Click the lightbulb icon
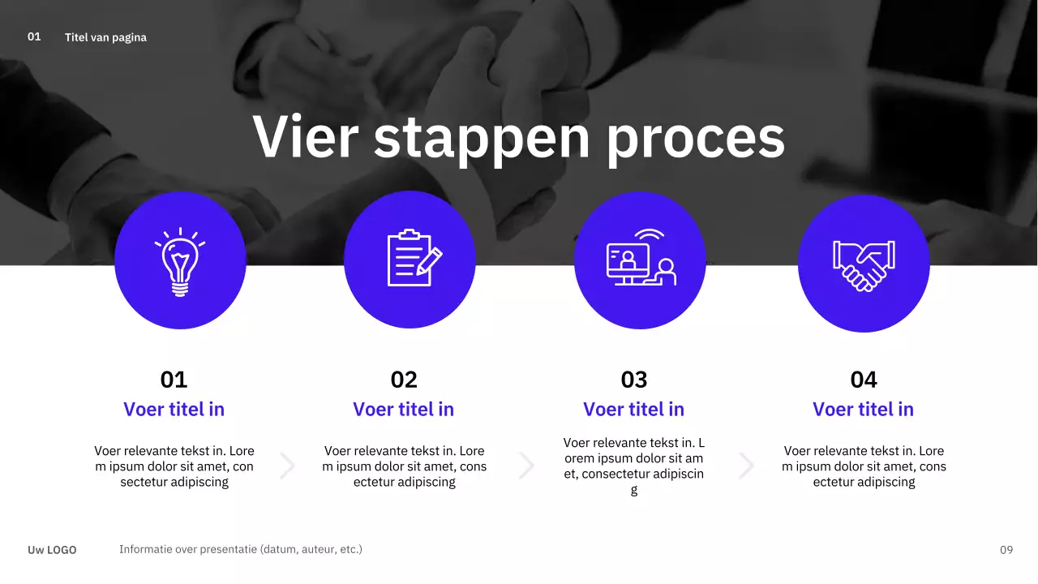(x=180, y=261)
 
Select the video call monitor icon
(x=641, y=258)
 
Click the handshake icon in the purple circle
(x=864, y=264)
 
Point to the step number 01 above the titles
(x=174, y=380)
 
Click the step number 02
(x=404, y=380)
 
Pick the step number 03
(x=634, y=380)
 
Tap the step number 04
(x=864, y=380)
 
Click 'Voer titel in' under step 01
(x=174, y=410)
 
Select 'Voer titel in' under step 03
(x=634, y=410)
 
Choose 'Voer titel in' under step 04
(x=864, y=410)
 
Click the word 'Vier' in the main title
(x=305, y=138)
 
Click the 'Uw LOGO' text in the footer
(x=52, y=550)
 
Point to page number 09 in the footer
(x=1006, y=550)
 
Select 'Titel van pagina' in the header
(x=105, y=37)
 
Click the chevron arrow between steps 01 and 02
(x=288, y=466)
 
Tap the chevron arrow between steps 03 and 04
(x=747, y=466)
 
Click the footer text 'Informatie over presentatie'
(x=240, y=549)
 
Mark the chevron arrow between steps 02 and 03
(x=527, y=466)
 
